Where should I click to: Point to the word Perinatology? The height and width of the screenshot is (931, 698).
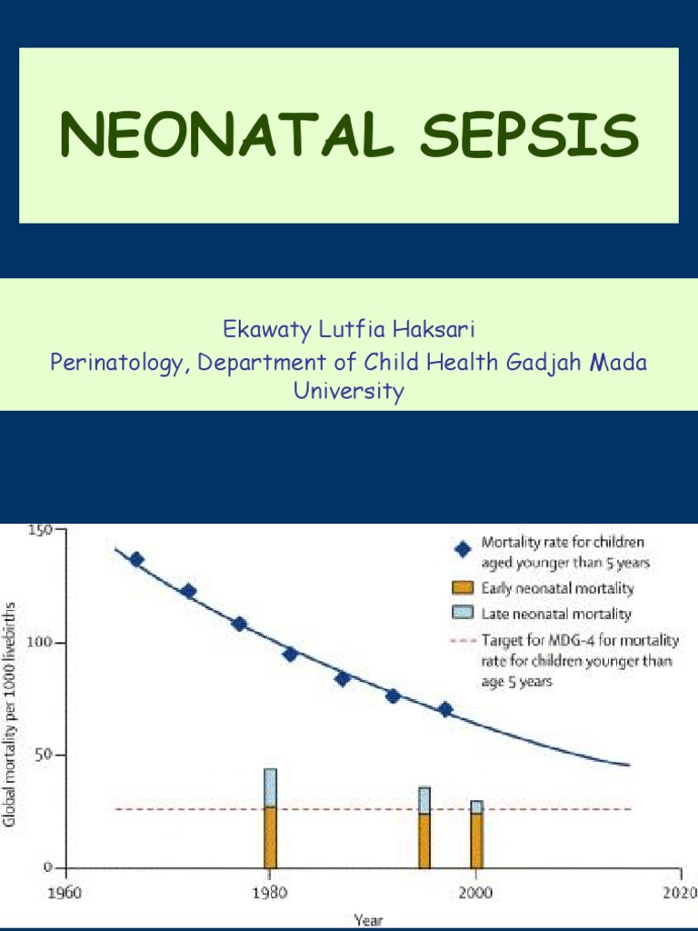coord(120,362)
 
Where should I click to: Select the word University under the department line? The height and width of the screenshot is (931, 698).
coord(349,392)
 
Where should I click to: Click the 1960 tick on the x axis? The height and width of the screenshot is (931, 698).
coord(65,892)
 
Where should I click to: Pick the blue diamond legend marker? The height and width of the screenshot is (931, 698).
coord(463,548)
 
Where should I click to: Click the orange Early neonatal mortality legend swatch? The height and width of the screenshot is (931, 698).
coord(463,588)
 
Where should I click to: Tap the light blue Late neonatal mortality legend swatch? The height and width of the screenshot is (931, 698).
coord(463,614)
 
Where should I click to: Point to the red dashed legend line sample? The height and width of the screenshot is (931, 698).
coord(463,639)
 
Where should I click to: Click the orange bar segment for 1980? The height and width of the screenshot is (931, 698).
coord(270,836)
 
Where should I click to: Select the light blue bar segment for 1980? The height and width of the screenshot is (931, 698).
coord(270,787)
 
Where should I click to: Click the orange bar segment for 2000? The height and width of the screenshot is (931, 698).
coord(476,840)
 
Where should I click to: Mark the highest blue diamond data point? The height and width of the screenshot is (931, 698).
coord(136,560)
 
